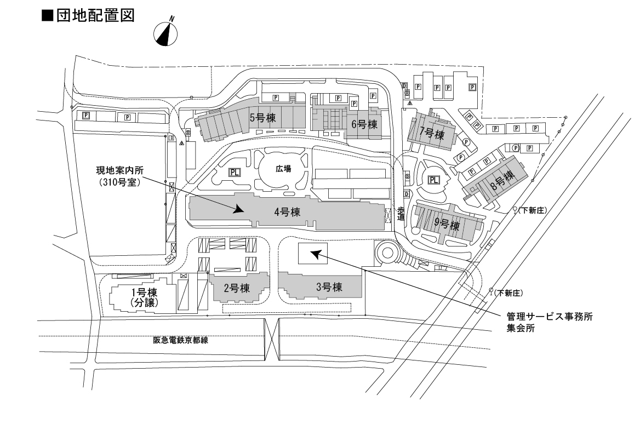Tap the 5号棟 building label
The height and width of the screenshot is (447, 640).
[262, 117]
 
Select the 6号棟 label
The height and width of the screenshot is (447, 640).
[365, 124]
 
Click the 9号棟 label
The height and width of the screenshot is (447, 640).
[446, 225]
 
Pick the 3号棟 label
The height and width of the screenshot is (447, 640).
[329, 286]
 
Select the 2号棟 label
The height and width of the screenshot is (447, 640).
[237, 288]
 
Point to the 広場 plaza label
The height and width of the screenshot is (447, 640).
[283, 169]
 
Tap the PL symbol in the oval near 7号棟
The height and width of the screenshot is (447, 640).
[434, 180]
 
